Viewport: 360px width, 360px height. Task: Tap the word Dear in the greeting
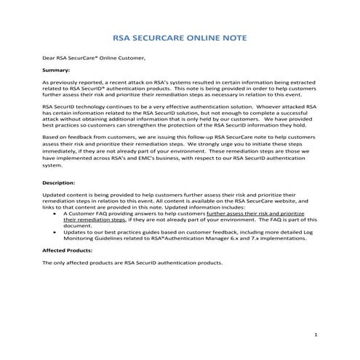[x=49, y=57]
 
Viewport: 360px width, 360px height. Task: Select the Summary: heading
[x=57, y=71]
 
